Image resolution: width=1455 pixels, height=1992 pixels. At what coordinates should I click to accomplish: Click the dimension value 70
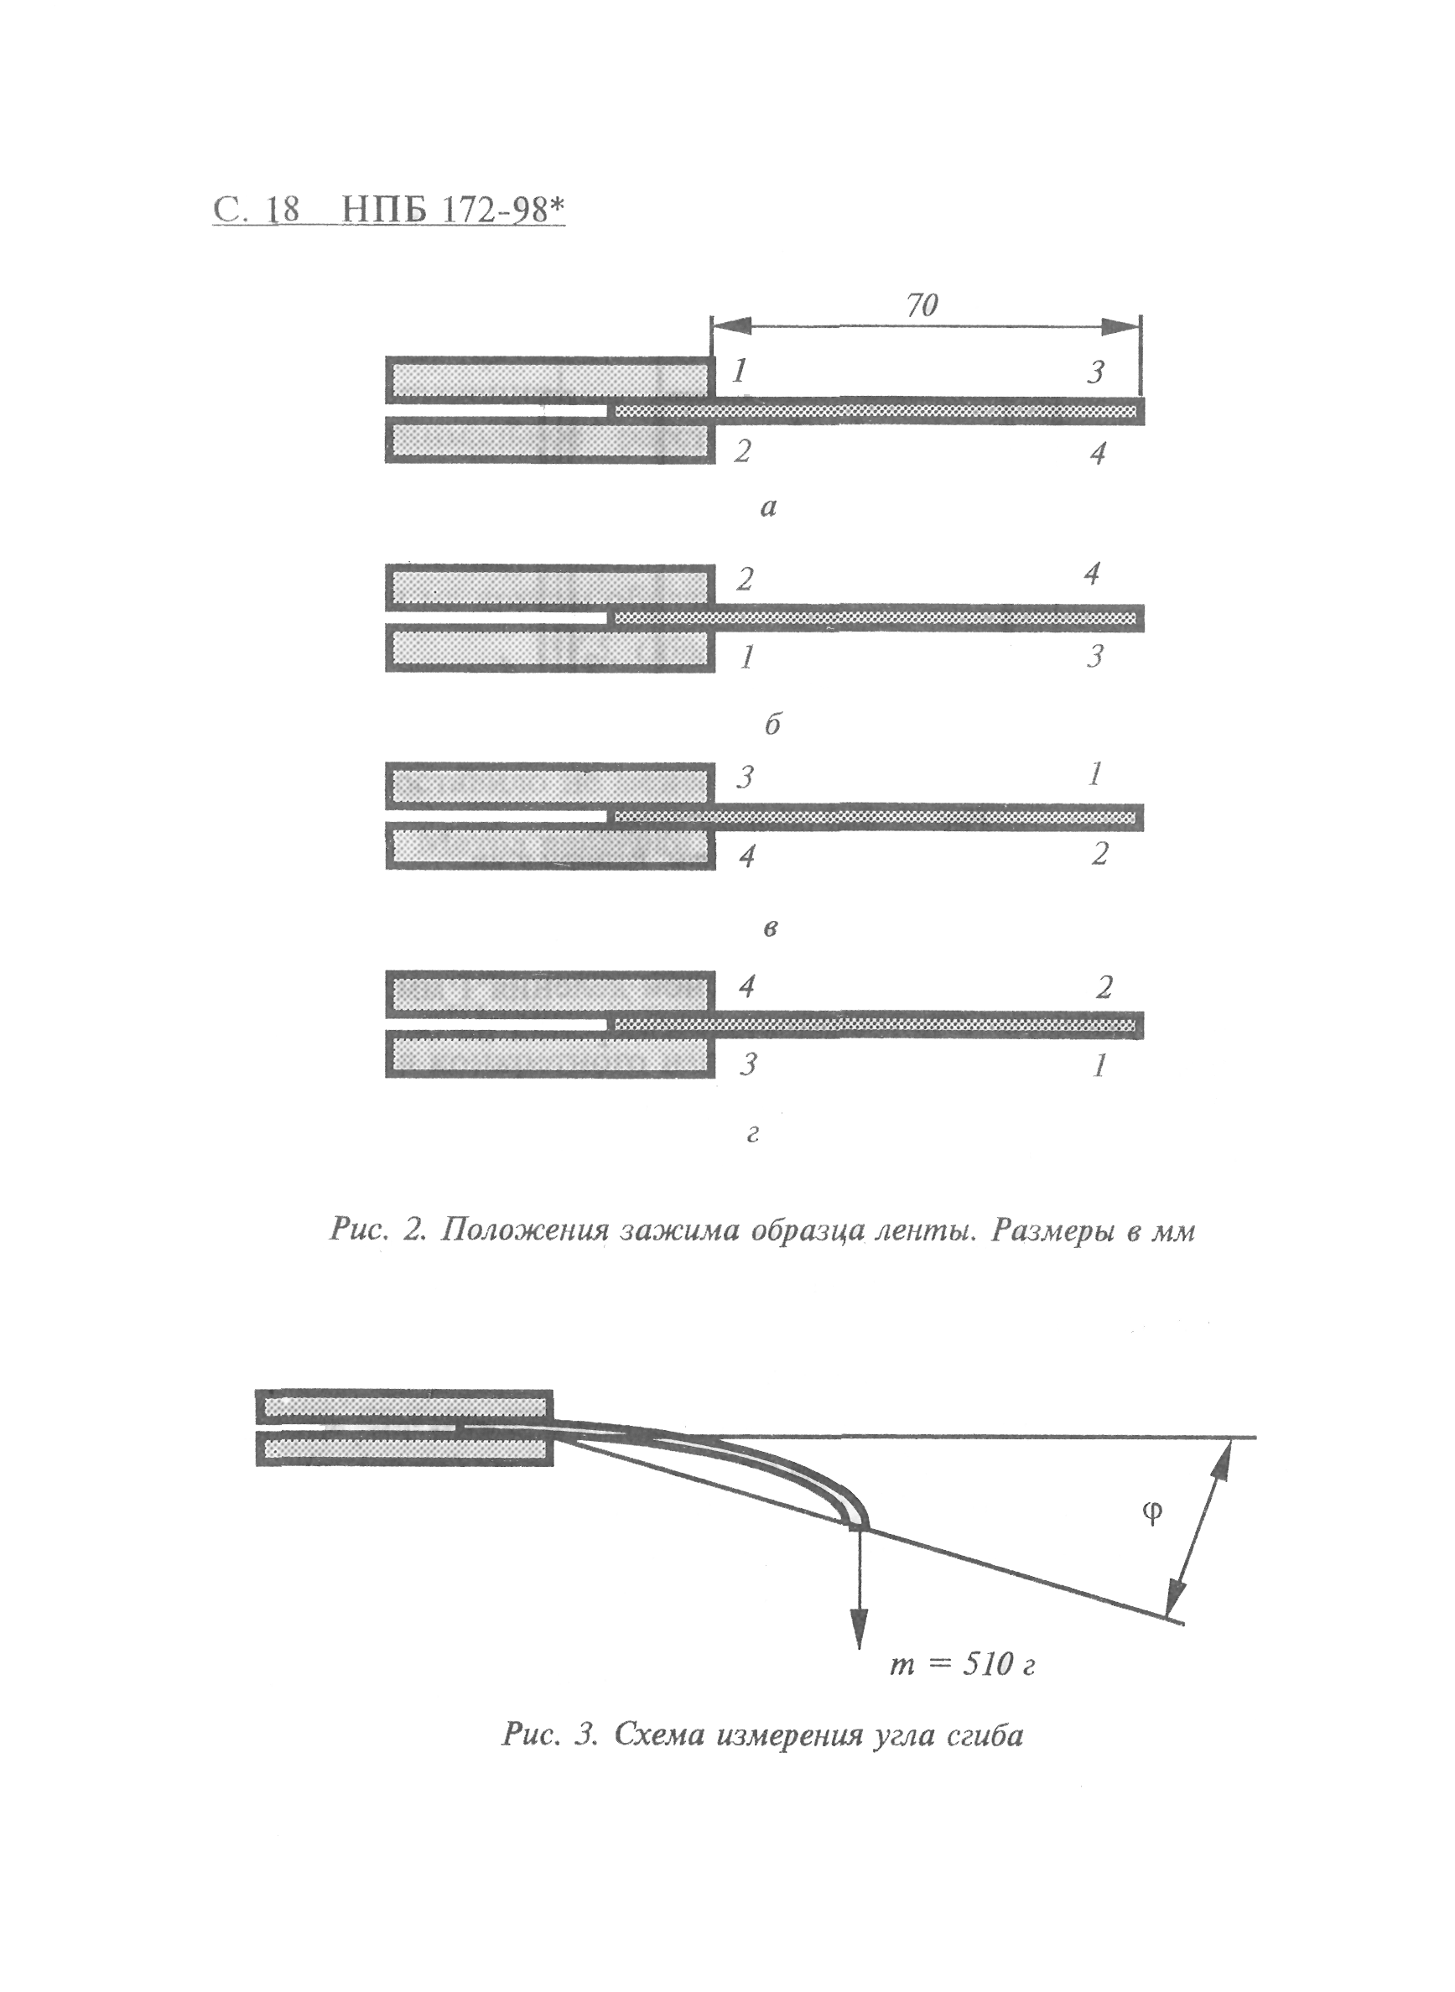pyautogui.click(x=922, y=305)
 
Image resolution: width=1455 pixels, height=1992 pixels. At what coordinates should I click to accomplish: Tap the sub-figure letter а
pyautogui.click(x=768, y=507)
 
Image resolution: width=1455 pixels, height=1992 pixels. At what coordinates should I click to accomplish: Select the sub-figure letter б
pyautogui.click(x=772, y=723)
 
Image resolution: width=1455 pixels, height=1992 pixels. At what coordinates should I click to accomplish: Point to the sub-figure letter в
pyautogui.click(x=770, y=928)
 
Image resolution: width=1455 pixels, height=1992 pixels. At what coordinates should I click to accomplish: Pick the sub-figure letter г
pyautogui.click(x=752, y=1134)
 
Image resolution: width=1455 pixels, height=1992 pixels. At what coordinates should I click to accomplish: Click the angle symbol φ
pyautogui.click(x=1151, y=1512)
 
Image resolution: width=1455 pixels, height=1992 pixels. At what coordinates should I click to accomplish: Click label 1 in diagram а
pyautogui.click(x=740, y=371)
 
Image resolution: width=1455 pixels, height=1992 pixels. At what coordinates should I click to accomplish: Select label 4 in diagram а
pyautogui.click(x=1098, y=454)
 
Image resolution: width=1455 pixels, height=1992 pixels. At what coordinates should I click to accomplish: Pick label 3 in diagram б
pyautogui.click(x=1094, y=656)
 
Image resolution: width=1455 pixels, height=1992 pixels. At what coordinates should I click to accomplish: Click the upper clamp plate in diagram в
pyautogui.click(x=549, y=786)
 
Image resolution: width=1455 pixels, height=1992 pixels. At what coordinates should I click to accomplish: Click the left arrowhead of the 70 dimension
pyautogui.click(x=731, y=325)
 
